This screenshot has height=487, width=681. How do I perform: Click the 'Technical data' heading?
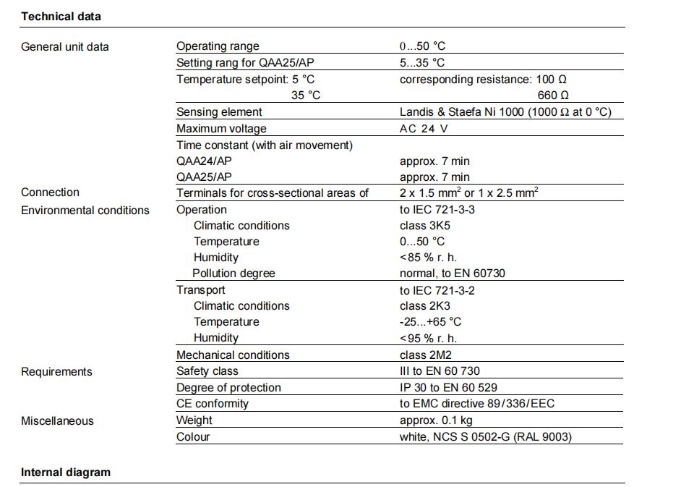pos(61,16)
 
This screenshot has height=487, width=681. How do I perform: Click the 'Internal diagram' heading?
pos(66,473)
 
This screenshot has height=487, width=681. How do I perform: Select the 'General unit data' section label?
pos(65,47)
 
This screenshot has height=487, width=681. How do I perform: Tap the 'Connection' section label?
pos(50,192)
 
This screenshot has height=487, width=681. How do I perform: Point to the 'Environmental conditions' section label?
pos(85,211)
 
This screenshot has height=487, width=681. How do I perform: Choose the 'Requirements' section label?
pos(56,372)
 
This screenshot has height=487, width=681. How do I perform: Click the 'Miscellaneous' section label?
pos(57,421)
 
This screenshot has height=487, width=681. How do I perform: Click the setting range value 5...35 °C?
pos(422,63)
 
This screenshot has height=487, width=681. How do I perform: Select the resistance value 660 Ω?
pos(553,96)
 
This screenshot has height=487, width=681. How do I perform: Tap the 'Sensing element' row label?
pos(219,112)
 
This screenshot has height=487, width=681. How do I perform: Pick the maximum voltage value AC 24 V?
pos(424,129)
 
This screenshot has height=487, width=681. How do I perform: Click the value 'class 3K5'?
pos(424,226)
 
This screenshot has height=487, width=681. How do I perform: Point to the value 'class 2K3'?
pos(424,306)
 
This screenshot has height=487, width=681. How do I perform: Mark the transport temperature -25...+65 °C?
pos(430,322)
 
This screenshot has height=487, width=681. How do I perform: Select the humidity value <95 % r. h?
pos(428,338)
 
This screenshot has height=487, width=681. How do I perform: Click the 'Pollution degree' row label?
pos(234,274)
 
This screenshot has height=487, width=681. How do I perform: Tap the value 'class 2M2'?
pos(425,355)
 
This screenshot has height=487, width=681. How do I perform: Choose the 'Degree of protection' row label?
pos(228,388)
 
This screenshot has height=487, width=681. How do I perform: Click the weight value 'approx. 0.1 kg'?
pos(437,420)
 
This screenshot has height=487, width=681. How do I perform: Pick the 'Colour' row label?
pos(193,437)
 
